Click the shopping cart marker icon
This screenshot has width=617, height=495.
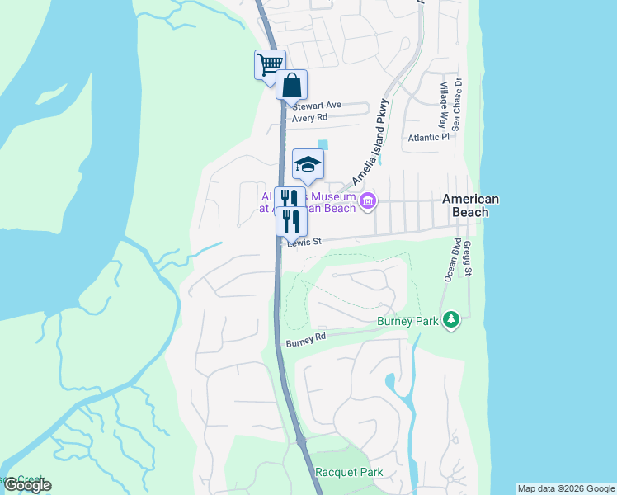(269, 64)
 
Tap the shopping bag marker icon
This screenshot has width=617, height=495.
(291, 84)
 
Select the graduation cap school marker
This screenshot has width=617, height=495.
(308, 164)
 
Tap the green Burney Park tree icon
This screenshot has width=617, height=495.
(450, 319)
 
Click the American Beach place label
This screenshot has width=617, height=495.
(470, 205)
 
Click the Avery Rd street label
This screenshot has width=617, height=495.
(309, 118)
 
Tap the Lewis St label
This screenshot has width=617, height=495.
(303, 243)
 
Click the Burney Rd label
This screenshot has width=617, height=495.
(306, 339)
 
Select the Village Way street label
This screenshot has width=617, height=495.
(444, 105)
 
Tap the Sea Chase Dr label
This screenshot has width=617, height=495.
(457, 105)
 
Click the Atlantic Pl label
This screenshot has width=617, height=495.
(428, 138)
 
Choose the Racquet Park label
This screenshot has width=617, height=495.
(349, 473)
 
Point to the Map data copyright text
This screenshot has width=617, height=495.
(566, 488)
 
